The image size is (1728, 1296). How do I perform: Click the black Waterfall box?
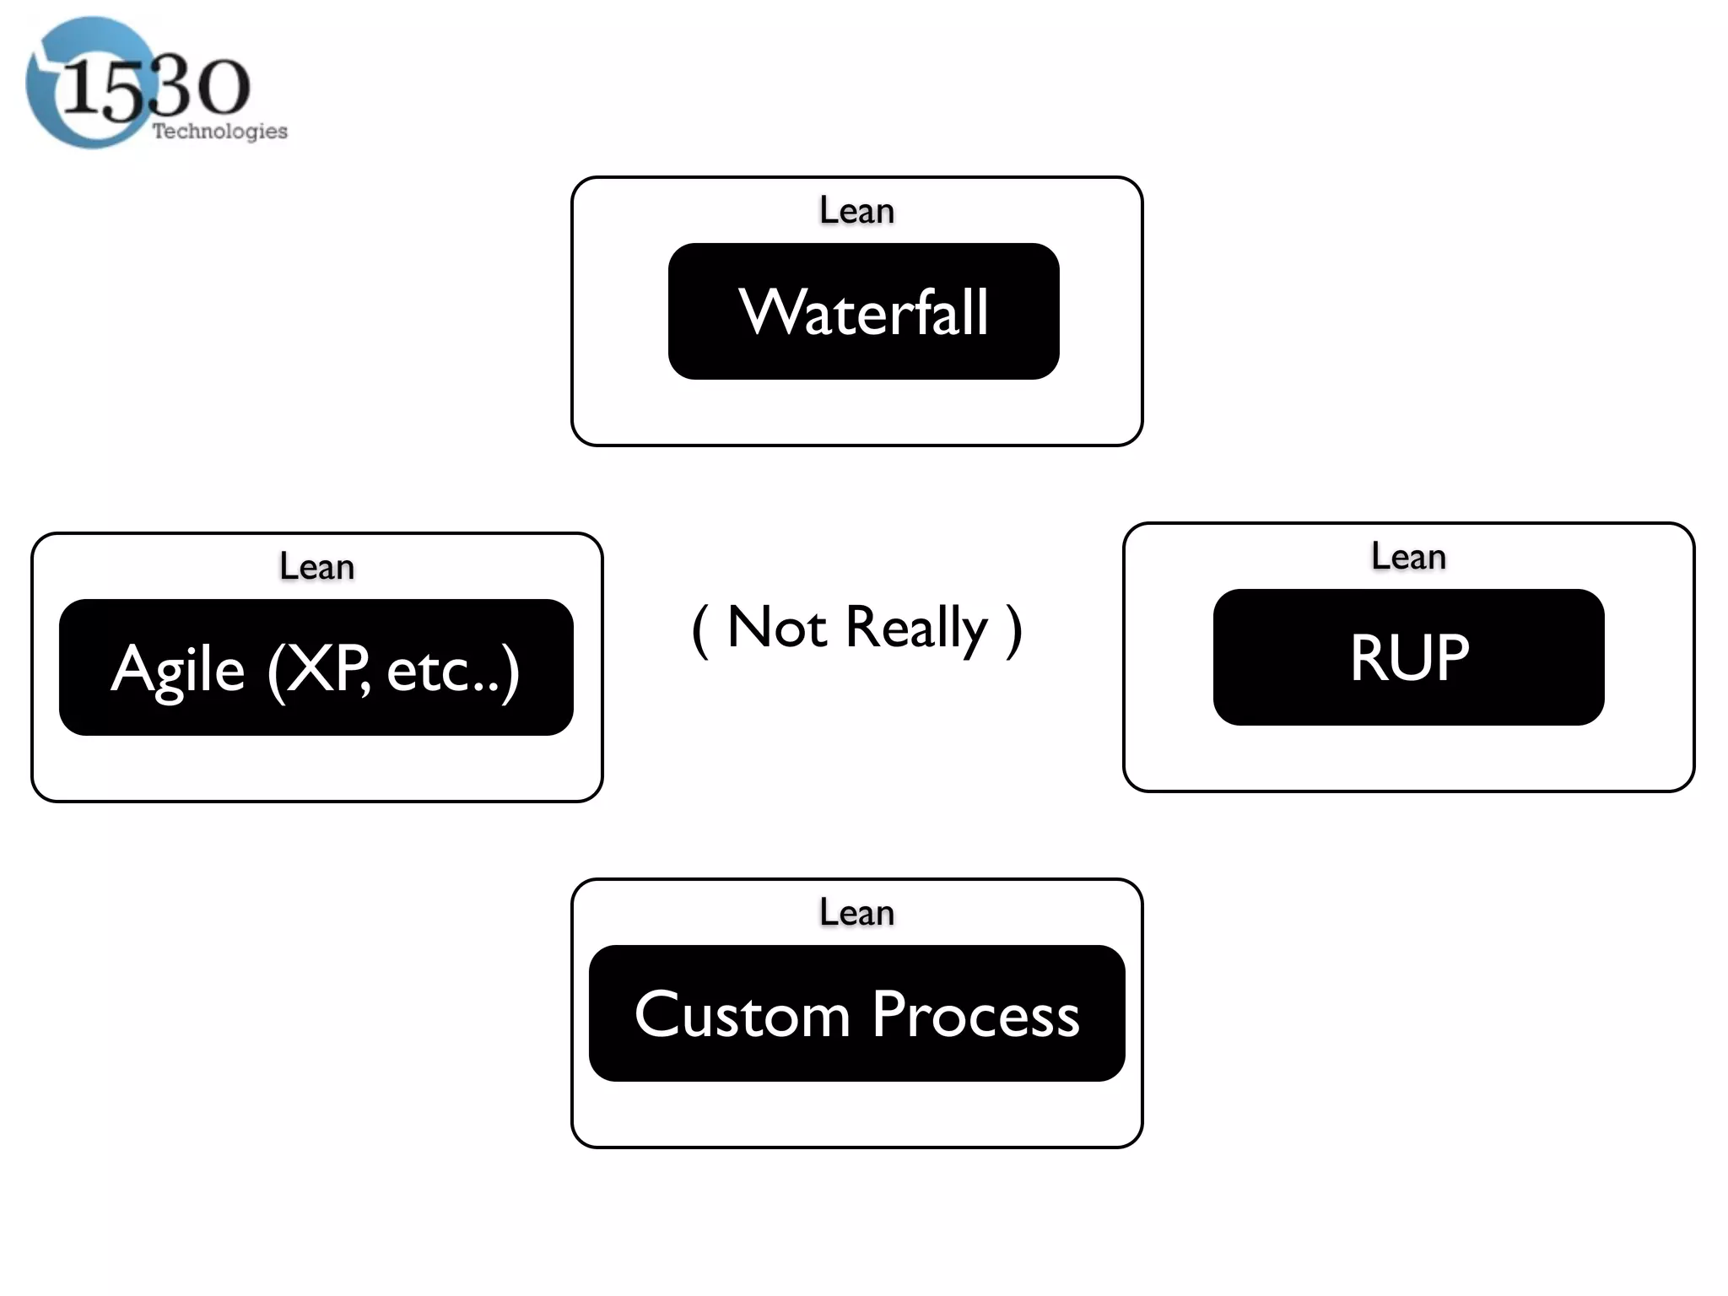863,311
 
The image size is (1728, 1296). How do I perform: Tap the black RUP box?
1408,657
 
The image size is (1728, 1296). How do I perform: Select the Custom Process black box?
856,1013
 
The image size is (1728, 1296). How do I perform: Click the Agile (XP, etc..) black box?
316,667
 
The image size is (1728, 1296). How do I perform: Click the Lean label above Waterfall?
856,210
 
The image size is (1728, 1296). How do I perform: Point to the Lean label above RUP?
1408,557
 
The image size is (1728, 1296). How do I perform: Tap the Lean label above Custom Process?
856,913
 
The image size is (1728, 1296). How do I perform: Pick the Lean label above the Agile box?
316,567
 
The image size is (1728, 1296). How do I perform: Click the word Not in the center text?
776,628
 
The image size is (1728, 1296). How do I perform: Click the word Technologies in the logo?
219,132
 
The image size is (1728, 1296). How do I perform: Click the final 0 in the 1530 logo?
221,88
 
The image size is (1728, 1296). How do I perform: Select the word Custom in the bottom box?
742,1014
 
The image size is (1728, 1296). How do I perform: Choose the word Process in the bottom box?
975,1014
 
